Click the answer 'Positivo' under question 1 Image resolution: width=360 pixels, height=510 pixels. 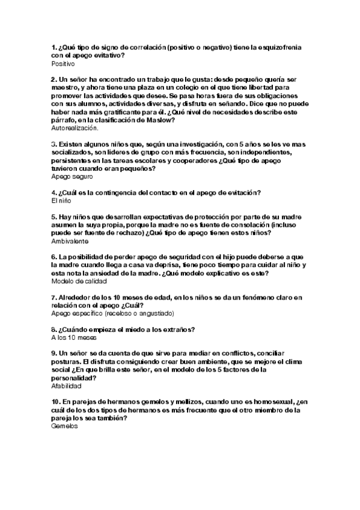point(63,63)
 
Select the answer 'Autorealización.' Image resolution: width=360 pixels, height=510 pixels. point(75,128)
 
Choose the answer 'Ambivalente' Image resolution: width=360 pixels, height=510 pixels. point(70,241)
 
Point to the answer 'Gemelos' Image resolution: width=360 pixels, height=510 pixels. point(65,426)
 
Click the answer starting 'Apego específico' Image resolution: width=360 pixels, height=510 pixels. point(112,313)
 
